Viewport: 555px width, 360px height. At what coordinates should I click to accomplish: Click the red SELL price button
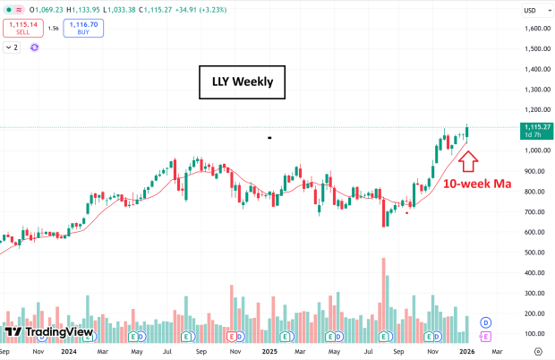point(22,28)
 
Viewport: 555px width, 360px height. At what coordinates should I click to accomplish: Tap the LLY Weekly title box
point(242,84)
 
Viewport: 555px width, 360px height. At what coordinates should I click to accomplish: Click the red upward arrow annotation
point(468,161)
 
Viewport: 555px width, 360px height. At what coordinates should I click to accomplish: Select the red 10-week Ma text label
point(477,184)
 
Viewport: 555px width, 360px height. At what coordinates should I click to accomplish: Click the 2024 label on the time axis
point(68,352)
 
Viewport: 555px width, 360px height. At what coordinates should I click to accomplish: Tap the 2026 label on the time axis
point(467,352)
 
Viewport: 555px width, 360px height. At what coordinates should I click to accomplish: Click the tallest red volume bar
point(384,300)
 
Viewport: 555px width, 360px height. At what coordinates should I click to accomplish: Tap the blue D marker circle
point(486,321)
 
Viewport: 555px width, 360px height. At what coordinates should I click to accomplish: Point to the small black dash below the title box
point(269,138)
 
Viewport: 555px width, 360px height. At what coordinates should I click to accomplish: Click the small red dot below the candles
point(408,213)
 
